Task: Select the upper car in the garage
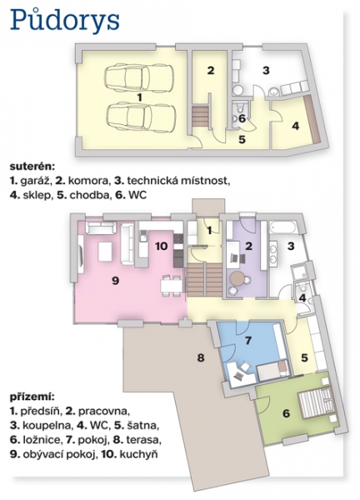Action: pyautogui.click(x=139, y=77)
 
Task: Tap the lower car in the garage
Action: pyautogui.click(x=140, y=117)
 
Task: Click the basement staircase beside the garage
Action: pyautogui.click(x=200, y=117)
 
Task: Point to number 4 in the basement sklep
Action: pyautogui.click(x=296, y=126)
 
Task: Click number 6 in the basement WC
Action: pyautogui.click(x=242, y=119)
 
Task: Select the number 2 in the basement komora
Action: pyautogui.click(x=211, y=70)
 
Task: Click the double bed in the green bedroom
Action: pyautogui.click(x=316, y=403)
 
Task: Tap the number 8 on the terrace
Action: pyautogui.click(x=200, y=357)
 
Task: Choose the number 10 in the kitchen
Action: pyautogui.click(x=162, y=246)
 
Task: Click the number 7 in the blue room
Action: pyautogui.click(x=247, y=340)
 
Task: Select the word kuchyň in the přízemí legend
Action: pyautogui.click(x=138, y=455)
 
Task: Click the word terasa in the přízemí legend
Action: pyautogui.click(x=144, y=440)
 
